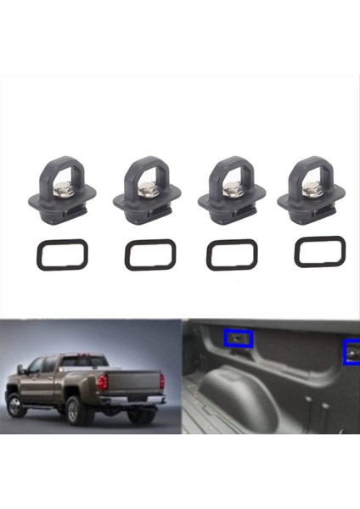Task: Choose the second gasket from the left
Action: coord(150,255)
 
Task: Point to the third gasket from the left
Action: coord(231,255)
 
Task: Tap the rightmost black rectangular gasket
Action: coord(319,252)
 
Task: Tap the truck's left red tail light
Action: coord(102,382)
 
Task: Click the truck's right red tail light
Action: coord(162,381)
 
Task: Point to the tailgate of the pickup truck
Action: coord(132,381)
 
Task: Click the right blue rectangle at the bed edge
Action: coord(351,350)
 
